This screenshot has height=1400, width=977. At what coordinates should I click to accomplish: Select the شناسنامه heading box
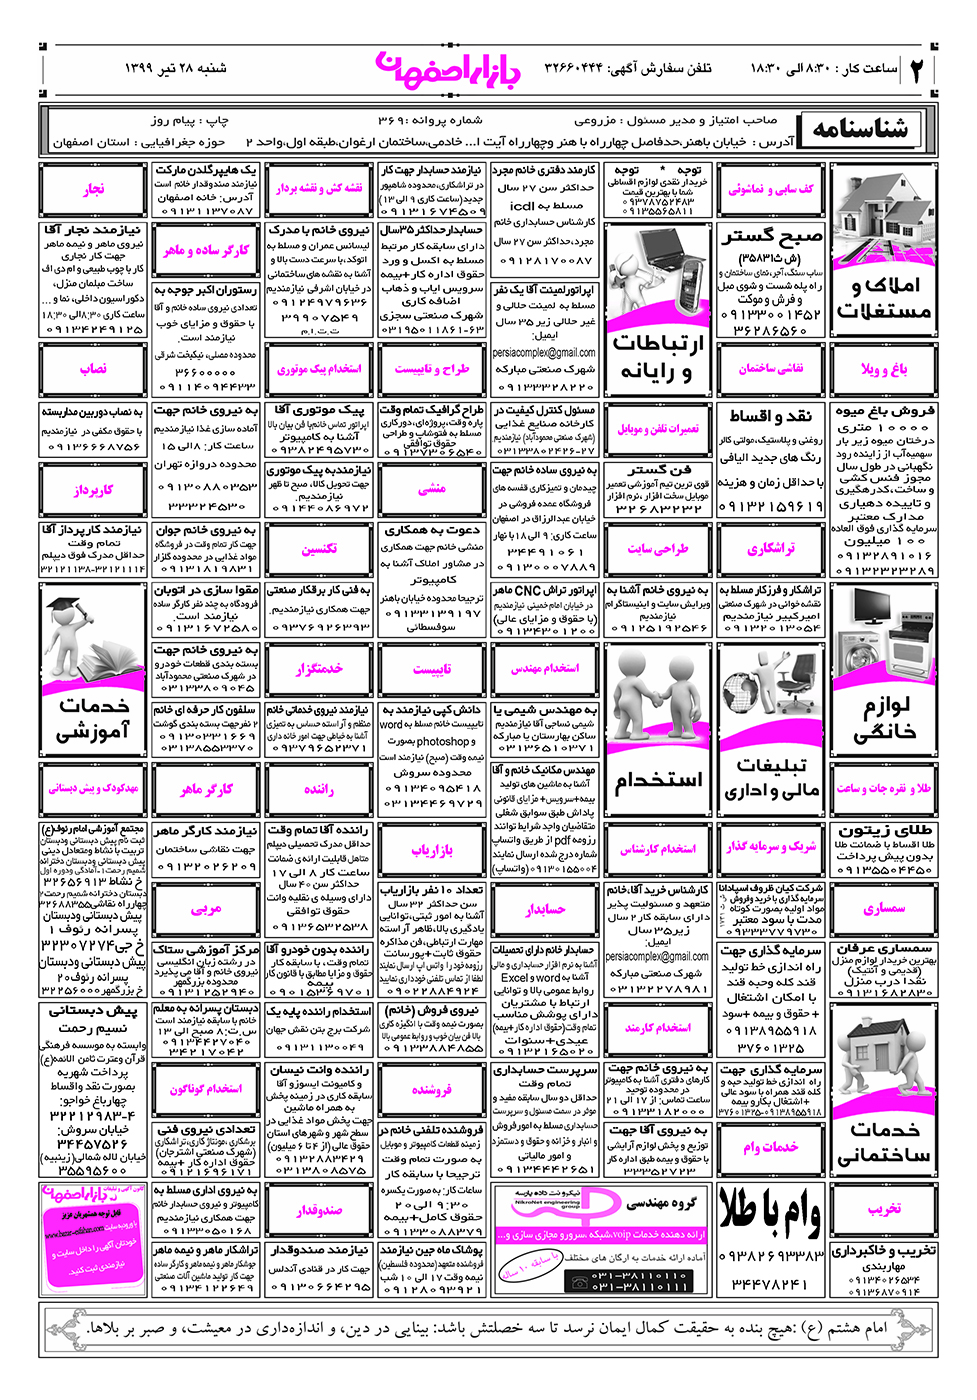click(861, 129)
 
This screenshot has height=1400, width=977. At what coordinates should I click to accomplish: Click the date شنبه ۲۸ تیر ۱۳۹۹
click(175, 68)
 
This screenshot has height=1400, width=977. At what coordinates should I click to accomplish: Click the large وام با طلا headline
click(771, 1211)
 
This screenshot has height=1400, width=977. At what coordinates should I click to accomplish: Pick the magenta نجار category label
click(94, 189)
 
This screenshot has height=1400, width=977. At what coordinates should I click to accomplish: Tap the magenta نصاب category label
click(94, 369)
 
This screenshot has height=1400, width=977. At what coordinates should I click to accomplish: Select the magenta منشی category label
click(432, 489)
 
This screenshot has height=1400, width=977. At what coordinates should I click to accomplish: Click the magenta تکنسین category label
click(319, 549)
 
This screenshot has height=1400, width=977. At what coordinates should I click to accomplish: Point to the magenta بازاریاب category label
click(432, 850)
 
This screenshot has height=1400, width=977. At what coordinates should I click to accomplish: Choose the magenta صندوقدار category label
click(319, 1210)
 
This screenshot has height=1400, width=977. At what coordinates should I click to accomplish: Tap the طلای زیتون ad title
click(885, 829)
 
